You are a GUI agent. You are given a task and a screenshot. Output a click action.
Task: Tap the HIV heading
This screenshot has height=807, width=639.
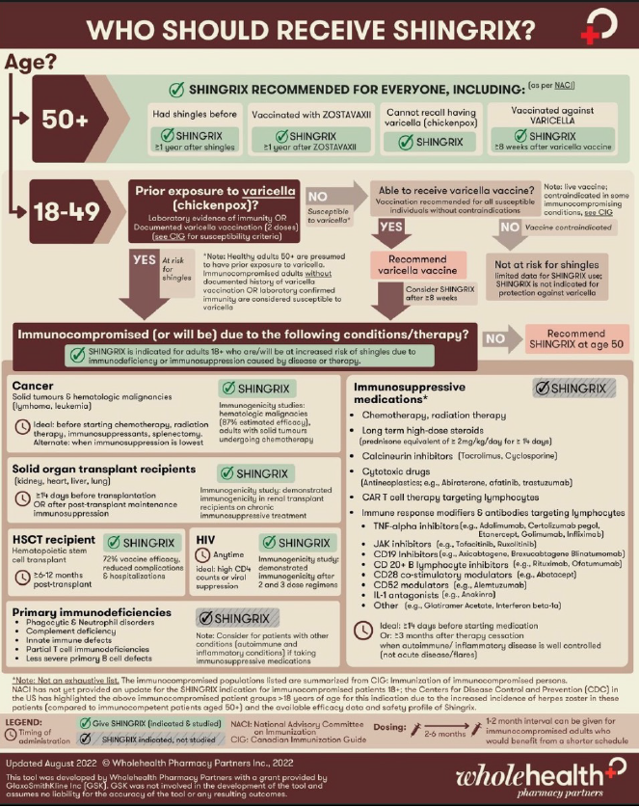[210, 542]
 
